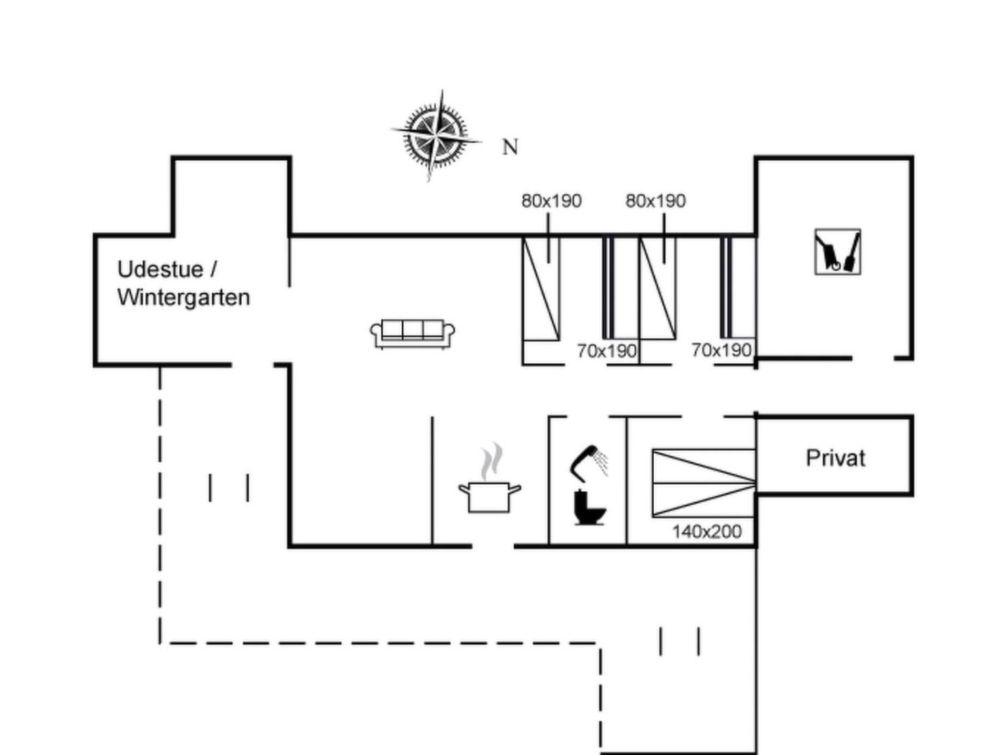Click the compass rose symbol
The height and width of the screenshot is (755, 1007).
pyautogui.click(x=437, y=134)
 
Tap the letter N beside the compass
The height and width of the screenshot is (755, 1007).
pyautogui.click(x=510, y=147)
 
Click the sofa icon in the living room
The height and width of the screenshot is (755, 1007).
pyautogui.click(x=412, y=333)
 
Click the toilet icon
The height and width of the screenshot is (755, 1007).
pyautogui.click(x=590, y=507)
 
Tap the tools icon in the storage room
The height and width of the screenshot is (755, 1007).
pyautogui.click(x=837, y=252)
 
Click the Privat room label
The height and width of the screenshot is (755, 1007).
pyautogui.click(x=835, y=458)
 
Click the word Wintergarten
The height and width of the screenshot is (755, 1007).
pyautogui.click(x=183, y=298)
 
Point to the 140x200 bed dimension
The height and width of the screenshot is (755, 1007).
pyautogui.click(x=706, y=532)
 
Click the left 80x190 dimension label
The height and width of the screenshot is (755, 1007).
pyautogui.click(x=551, y=201)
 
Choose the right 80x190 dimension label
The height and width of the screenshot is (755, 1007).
pyautogui.click(x=655, y=201)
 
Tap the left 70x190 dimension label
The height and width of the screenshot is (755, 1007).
pyautogui.click(x=606, y=351)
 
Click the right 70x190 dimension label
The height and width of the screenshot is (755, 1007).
pyautogui.click(x=721, y=350)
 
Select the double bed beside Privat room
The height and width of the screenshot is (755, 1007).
pyautogui.click(x=703, y=483)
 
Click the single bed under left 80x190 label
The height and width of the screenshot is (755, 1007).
pyautogui.click(x=541, y=288)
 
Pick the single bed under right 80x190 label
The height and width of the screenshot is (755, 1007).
pyautogui.click(x=658, y=288)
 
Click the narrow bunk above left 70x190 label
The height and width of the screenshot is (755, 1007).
pyautogui.click(x=609, y=288)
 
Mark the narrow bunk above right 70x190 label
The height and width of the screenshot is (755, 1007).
pyautogui.click(x=726, y=288)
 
